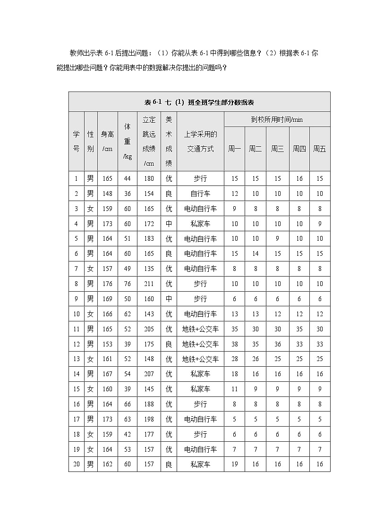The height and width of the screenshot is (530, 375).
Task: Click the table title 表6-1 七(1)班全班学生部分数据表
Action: [x=199, y=102]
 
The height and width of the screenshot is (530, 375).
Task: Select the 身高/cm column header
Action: [x=108, y=142]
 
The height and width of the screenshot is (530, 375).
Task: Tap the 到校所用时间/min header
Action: [x=277, y=119]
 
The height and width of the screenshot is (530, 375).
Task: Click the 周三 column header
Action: [x=277, y=149]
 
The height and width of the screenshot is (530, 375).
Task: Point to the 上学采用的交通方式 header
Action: [x=200, y=142]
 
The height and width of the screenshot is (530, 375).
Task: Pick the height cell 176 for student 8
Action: [x=108, y=284]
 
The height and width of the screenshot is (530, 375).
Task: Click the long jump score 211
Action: [x=149, y=284]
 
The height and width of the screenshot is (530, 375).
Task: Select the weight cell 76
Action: [x=128, y=284]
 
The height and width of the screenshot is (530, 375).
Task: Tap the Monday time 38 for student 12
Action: [x=234, y=344]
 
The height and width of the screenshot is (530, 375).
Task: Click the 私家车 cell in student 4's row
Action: [x=200, y=224]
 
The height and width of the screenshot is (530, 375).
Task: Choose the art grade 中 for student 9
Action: [x=169, y=299]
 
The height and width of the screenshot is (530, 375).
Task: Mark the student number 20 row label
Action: [x=77, y=464]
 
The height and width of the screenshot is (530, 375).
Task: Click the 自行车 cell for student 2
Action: [x=200, y=194]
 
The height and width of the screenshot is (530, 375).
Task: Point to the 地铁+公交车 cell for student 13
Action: [x=200, y=359]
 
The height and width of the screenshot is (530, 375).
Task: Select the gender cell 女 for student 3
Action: [x=91, y=209]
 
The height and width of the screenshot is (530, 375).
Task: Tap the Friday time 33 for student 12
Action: [x=320, y=344]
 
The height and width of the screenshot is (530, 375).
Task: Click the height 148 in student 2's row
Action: [x=108, y=194]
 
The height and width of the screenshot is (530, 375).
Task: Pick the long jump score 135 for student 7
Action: [x=149, y=269]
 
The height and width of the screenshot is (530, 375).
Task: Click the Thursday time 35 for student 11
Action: [x=299, y=329]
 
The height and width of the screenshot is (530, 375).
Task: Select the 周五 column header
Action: [x=320, y=149]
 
